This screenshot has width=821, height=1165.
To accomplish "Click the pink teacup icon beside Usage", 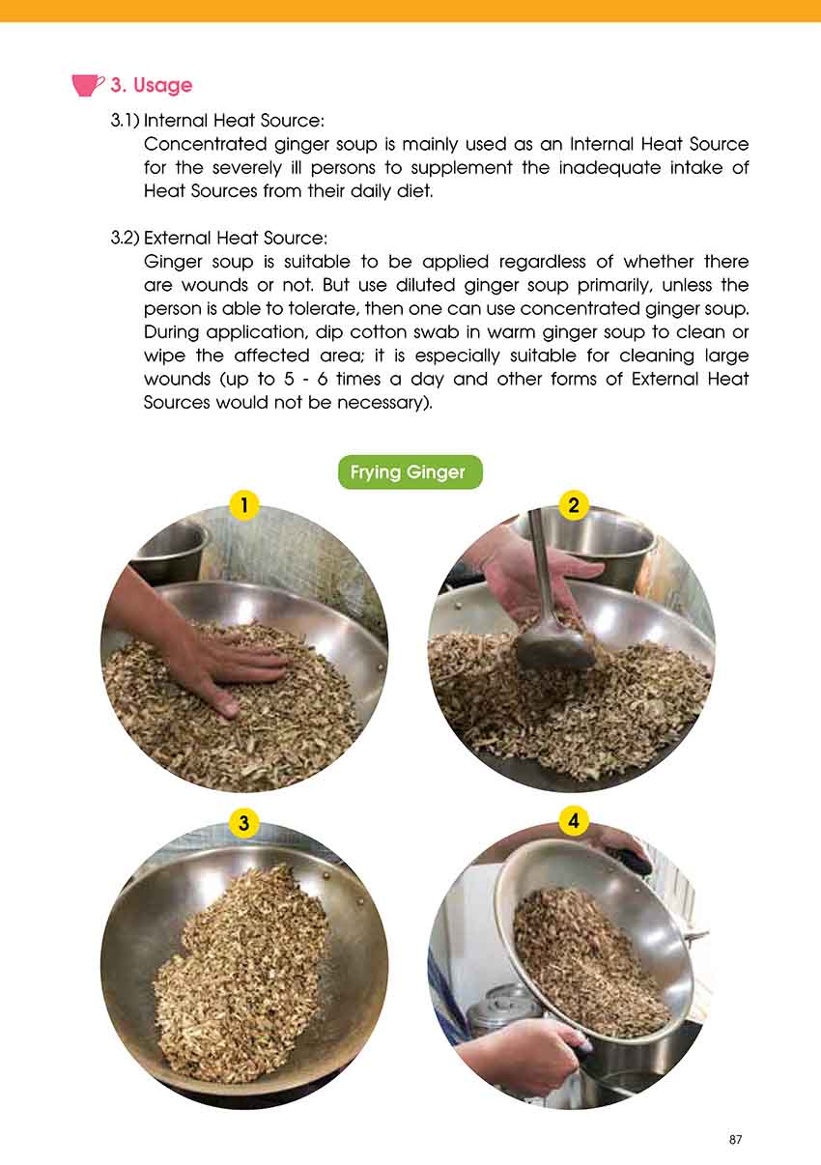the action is point(87,85).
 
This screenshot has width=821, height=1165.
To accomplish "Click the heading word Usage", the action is point(162,85).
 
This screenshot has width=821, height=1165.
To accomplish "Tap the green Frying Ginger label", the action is point(410,471).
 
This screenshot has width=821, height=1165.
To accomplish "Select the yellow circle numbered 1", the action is point(244,504).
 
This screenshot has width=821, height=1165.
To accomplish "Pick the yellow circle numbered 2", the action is point(574,505).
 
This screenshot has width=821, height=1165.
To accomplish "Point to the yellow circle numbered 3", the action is point(243,823).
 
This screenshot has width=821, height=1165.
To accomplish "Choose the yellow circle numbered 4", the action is point(574,821).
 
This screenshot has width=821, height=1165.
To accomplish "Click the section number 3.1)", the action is point(125,121).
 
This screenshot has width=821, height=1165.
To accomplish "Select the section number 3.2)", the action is point(125,239).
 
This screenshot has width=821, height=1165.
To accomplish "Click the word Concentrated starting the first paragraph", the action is point(206,144).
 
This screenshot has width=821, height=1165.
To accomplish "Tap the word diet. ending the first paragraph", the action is point(415,191).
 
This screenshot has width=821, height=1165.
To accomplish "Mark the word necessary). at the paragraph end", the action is point(384,403).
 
